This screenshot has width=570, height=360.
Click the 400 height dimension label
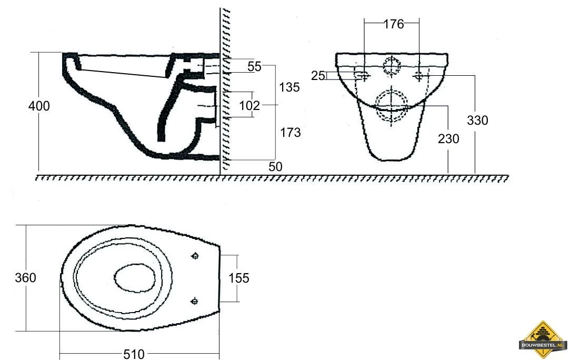point(39,106)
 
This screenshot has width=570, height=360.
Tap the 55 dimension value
point(254,66)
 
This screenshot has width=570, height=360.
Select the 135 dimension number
point(289,87)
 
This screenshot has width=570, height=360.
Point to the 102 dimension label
point(250,105)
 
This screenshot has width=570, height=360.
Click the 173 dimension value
point(291,132)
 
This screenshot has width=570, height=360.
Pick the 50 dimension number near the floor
point(276,166)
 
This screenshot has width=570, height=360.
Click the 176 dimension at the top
point(394,24)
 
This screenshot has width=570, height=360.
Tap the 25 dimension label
point(318,76)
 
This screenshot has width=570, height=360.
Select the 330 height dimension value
point(477,120)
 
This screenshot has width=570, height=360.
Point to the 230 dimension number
point(448,138)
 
